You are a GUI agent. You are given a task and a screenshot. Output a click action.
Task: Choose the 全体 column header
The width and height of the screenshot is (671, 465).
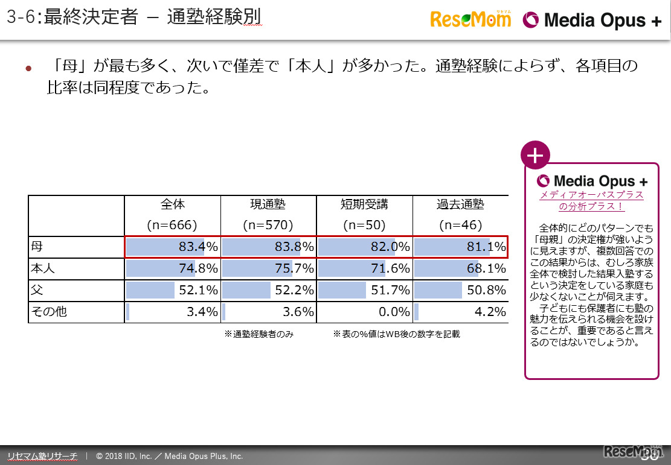click(x=173, y=204)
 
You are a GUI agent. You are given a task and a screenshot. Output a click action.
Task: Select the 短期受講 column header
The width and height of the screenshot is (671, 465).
click(x=364, y=204)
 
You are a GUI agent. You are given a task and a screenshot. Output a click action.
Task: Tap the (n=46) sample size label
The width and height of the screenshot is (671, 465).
click(x=460, y=226)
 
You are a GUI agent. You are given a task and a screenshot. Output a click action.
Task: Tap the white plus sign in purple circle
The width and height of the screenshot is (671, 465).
click(x=535, y=156)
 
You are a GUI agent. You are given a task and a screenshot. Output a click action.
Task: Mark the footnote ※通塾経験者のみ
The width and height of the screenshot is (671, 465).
click(x=259, y=334)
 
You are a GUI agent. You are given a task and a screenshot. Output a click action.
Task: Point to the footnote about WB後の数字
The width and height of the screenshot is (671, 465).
click(x=396, y=334)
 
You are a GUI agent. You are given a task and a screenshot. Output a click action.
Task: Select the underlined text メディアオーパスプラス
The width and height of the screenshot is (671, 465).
click(x=591, y=195)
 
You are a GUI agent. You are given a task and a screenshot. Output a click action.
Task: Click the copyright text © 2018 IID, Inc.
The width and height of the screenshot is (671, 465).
click(x=169, y=456)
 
